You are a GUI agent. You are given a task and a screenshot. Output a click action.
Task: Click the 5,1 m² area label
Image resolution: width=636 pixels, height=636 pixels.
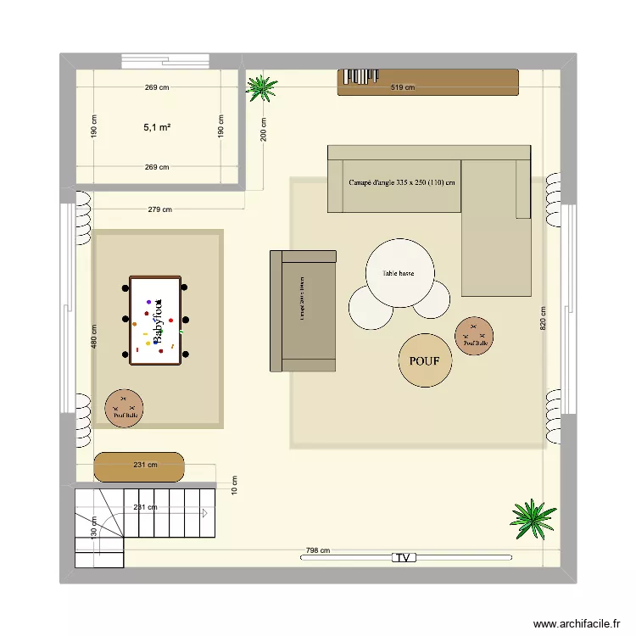pos(157,127)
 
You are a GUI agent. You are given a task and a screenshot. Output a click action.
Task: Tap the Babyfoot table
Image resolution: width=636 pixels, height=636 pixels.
pos(155,321)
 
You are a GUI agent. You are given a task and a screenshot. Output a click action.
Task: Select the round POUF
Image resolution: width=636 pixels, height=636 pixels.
pos(425,360)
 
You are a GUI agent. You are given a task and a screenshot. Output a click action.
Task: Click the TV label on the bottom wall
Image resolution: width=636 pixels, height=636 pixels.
pos(404,557)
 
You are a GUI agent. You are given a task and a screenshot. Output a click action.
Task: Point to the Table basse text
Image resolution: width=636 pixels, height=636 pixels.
pos(399,274)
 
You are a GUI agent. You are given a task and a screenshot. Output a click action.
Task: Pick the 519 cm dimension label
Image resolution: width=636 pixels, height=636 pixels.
pos(402,87)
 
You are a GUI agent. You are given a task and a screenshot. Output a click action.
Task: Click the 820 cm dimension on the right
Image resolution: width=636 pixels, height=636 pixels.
pos(544,318)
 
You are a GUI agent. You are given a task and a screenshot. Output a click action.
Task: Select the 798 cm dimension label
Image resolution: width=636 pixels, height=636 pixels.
pos(318,550)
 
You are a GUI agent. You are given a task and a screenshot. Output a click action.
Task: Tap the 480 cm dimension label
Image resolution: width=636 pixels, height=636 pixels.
pos(94,337)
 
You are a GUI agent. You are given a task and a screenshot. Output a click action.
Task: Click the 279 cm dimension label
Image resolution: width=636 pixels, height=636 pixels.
pos(159,209)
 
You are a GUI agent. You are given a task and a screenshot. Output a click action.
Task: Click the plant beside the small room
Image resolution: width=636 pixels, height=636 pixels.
pos(261,87)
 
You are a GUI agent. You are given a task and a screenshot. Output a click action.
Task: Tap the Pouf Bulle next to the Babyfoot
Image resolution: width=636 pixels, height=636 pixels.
pos(124,409)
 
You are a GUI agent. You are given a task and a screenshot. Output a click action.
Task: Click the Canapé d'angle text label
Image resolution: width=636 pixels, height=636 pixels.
pos(402,182)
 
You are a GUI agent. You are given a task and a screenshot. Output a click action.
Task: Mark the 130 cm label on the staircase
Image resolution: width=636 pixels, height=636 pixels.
pos(94,527)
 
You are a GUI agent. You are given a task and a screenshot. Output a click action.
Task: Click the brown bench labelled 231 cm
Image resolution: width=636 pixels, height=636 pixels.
pos(139,466)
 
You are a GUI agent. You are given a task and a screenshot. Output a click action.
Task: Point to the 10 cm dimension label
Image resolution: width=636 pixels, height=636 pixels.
pos(235,484)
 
